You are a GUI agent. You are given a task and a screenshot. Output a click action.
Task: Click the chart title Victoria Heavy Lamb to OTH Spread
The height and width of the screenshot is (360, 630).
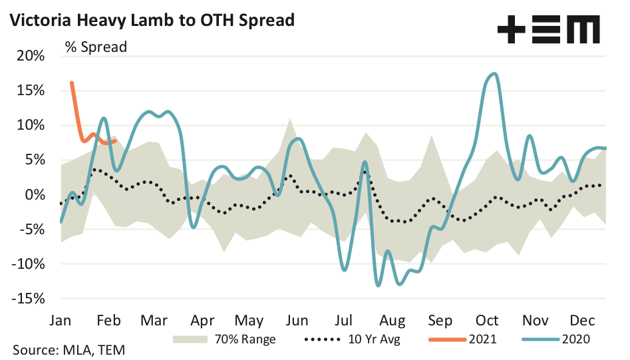[x=150, y=20]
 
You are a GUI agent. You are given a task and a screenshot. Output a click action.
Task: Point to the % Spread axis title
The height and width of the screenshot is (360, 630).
[x=95, y=47]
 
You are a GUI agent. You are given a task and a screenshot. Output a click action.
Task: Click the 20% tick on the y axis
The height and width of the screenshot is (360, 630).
[x=30, y=56]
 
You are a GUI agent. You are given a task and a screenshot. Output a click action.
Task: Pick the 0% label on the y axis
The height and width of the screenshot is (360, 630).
[x=34, y=195]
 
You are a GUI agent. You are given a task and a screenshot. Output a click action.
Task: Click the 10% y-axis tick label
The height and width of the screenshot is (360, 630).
[x=30, y=125]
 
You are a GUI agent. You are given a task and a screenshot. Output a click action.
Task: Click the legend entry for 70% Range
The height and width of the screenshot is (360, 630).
[x=224, y=339]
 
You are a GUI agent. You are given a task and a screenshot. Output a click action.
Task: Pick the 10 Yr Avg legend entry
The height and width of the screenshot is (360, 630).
[x=346, y=339]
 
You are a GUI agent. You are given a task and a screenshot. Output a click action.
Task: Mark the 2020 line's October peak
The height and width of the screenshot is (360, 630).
[x=493, y=74]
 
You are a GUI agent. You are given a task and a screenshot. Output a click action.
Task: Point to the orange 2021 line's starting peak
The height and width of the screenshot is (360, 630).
[x=71, y=83]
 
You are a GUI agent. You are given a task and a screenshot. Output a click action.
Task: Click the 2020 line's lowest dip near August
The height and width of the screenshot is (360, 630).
[x=378, y=285]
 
